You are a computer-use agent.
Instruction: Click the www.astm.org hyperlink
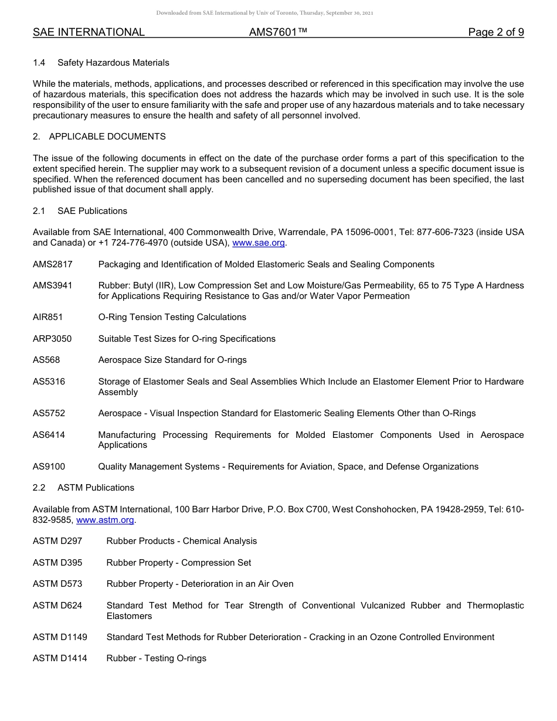[x=106, y=520]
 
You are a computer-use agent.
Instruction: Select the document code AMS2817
[x=53, y=264]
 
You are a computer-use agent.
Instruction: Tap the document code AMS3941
[x=53, y=285]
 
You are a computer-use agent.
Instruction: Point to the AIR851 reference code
[x=48, y=317]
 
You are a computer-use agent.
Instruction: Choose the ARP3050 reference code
[x=52, y=339]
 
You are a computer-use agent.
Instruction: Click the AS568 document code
[x=46, y=360]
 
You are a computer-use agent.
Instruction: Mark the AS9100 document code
[x=49, y=467]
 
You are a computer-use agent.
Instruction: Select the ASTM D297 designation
[x=57, y=541]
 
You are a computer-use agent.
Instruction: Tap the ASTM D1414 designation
[x=60, y=658]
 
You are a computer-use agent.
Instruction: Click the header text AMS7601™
[x=278, y=32]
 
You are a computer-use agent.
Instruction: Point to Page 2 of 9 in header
[x=496, y=32]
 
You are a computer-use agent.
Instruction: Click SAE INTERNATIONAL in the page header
[x=89, y=32]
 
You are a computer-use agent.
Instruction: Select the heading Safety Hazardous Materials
[x=113, y=63]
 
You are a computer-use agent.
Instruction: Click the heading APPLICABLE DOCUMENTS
[x=107, y=137]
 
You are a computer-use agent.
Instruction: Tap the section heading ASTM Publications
[x=96, y=488]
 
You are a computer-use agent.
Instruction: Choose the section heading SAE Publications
[x=92, y=211]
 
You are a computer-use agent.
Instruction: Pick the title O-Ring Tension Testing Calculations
[x=172, y=317]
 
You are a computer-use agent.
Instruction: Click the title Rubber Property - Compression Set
[x=179, y=563]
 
